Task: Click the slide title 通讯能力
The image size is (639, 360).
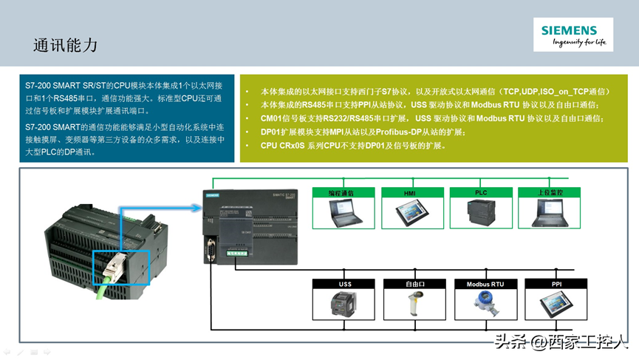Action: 65,44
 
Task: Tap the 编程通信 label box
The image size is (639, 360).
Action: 341,192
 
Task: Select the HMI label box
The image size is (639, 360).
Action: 409,192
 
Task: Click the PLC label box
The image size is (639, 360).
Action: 481,192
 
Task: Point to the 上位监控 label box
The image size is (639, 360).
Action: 550,192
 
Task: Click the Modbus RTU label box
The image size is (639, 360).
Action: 485,284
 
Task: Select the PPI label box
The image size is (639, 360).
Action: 556,284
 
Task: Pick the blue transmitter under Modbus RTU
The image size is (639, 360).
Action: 485,304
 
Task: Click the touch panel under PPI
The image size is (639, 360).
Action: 556,305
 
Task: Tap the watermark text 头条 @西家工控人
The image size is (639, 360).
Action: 561,341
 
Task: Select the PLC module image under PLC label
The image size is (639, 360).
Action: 481,213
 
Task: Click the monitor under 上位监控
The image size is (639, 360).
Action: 550,213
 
